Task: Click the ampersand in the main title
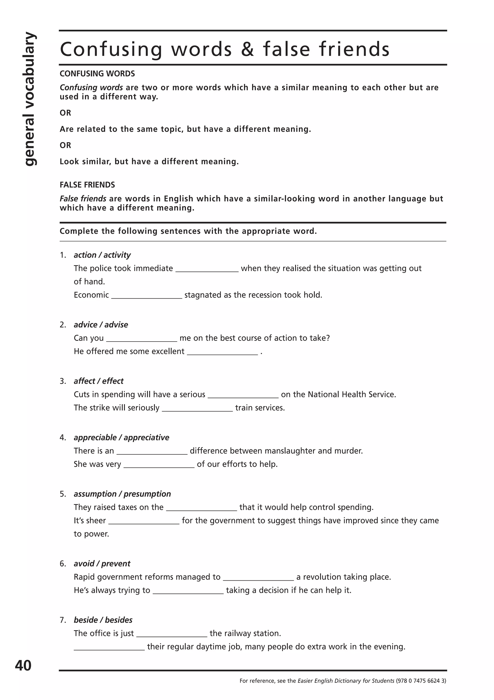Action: click(247, 49)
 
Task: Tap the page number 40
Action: click(23, 665)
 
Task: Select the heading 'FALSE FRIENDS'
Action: click(87, 185)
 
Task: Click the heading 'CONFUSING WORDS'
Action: click(97, 73)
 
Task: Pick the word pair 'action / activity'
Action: click(102, 255)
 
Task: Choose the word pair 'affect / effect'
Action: click(99, 381)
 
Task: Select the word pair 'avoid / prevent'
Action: click(102, 564)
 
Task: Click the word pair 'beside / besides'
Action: click(103, 620)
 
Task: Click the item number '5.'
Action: click(63, 494)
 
